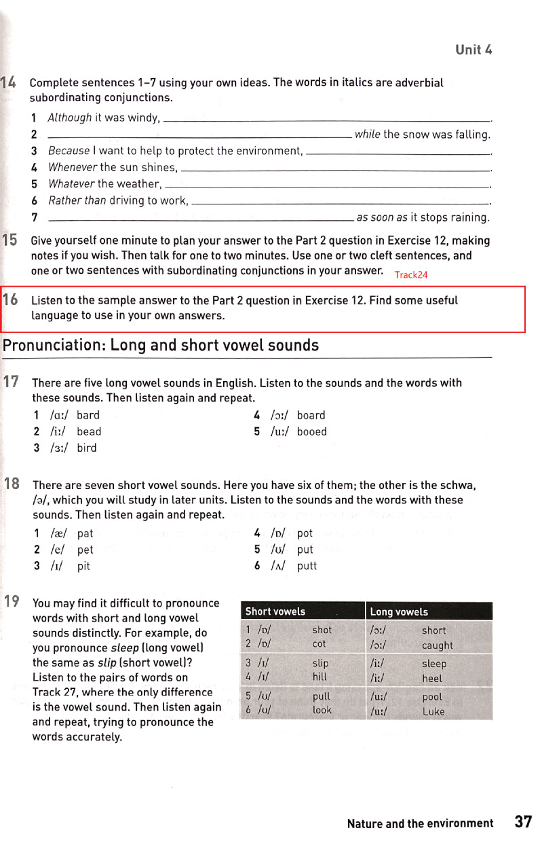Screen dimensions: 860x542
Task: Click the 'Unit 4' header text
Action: tap(473, 50)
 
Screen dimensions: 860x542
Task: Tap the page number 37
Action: tap(523, 822)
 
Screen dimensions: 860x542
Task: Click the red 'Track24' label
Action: tap(411, 274)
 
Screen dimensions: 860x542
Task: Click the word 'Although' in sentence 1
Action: tap(70, 118)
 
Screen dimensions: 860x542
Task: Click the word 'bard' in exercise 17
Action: tap(88, 415)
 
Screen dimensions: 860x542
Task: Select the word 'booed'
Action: tap(312, 431)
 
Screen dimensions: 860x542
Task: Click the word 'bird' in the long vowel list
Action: tap(87, 448)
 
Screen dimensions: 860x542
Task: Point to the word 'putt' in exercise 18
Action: tap(307, 566)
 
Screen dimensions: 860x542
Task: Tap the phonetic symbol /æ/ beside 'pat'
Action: tap(58, 533)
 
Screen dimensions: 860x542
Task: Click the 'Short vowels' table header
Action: tap(275, 611)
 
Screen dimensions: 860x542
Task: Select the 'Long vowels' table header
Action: tap(400, 612)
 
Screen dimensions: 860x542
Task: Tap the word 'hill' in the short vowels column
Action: tap(320, 677)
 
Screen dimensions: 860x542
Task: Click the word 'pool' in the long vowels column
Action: tap(432, 697)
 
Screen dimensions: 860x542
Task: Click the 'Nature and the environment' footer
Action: tap(420, 823)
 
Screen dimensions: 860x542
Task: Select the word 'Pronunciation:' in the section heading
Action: tap(54, 345)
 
